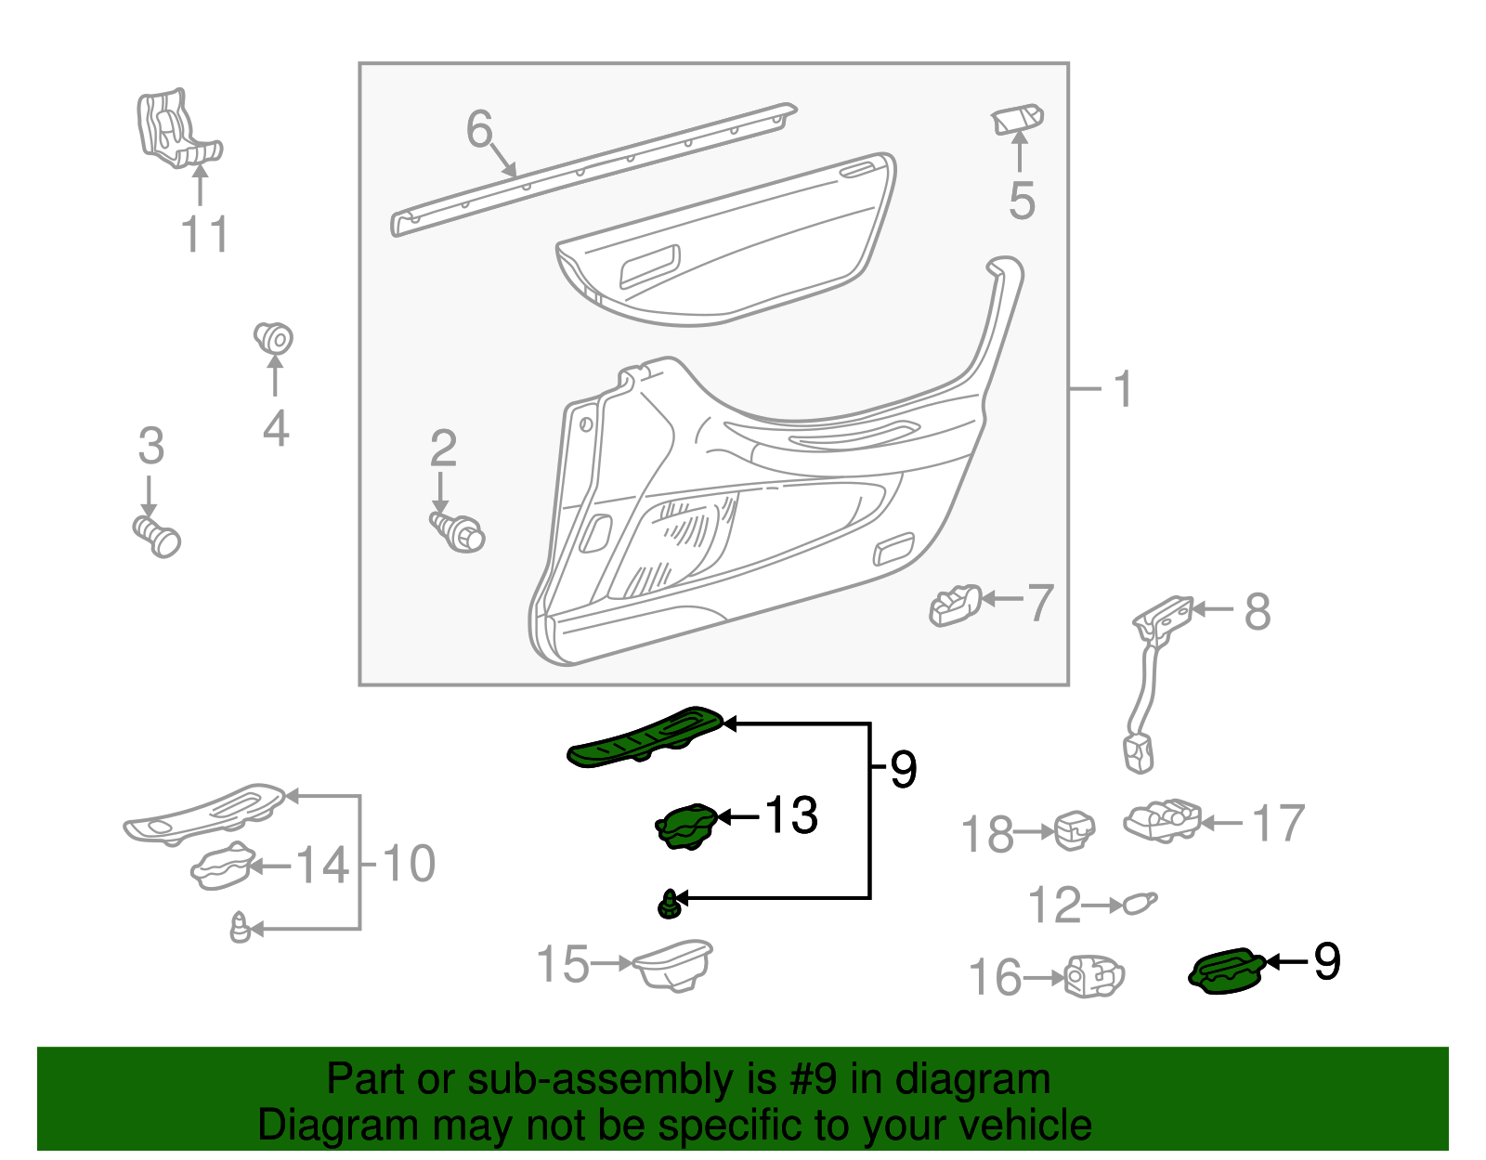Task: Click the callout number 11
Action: [204, 234]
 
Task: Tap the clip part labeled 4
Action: [273, 338]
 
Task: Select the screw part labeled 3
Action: [157, 536]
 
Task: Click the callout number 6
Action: [479, 129]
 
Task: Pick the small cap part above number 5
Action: [1018, 120]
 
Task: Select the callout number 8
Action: [1257, 612]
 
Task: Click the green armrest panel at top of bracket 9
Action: [645, 737]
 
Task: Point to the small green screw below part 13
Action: [670, 904]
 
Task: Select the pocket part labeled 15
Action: [672, 965]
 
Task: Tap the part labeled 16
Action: [1093, 976]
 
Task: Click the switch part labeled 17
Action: [1162, 821]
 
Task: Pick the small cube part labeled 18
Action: [1075, 829]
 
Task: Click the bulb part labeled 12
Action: [1140, 902]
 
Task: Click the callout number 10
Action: [409, 865]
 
